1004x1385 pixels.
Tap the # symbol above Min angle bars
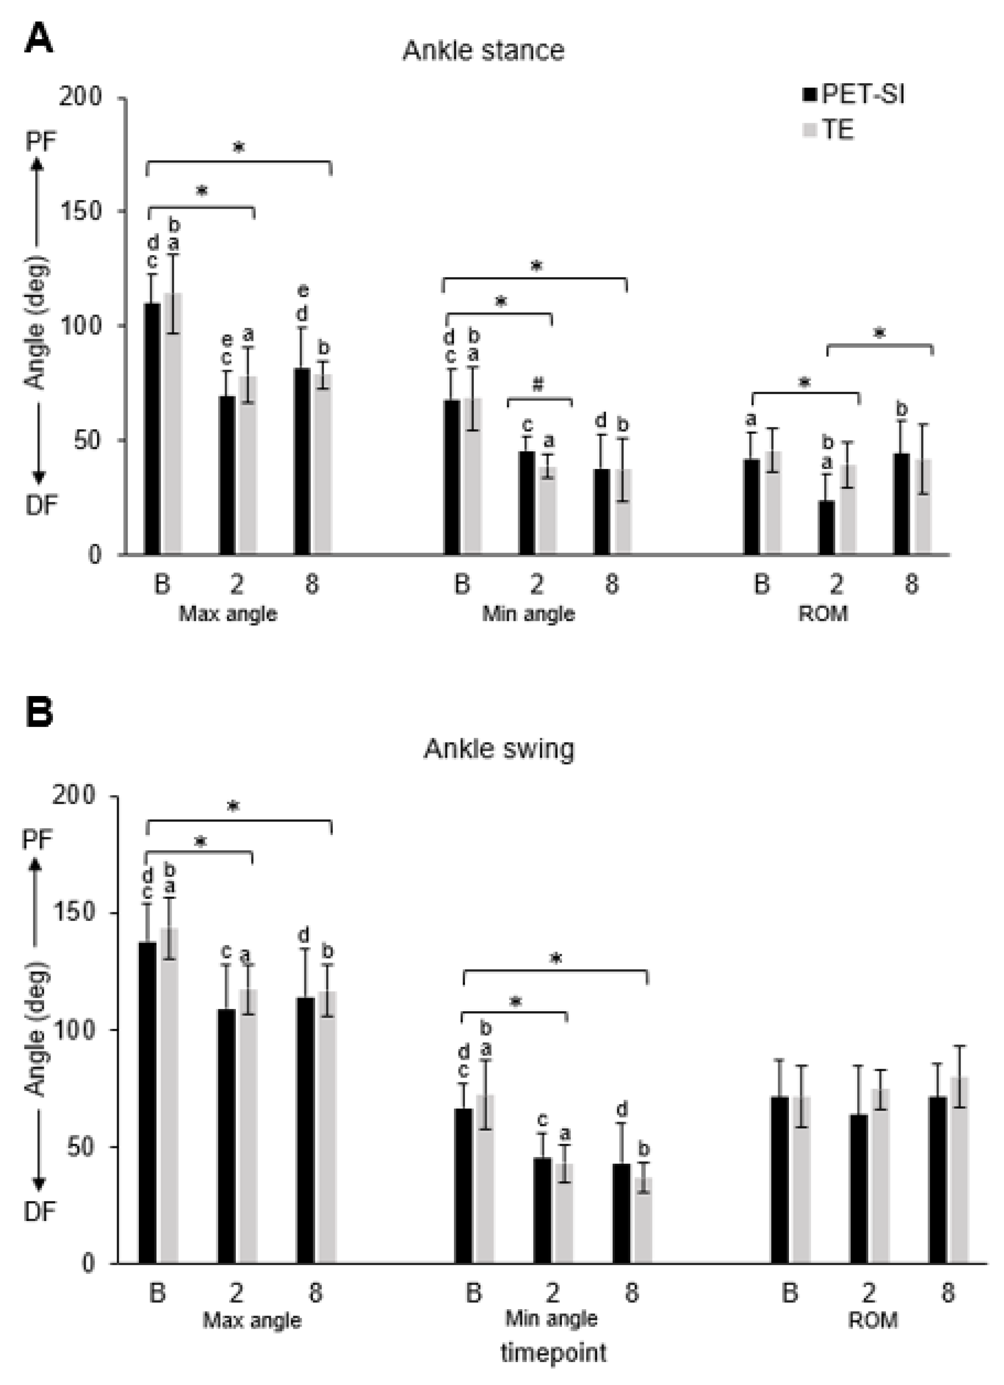[538, 385]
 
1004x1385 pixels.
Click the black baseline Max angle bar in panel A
[152, 427]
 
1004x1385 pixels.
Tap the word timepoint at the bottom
[553, 1352]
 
